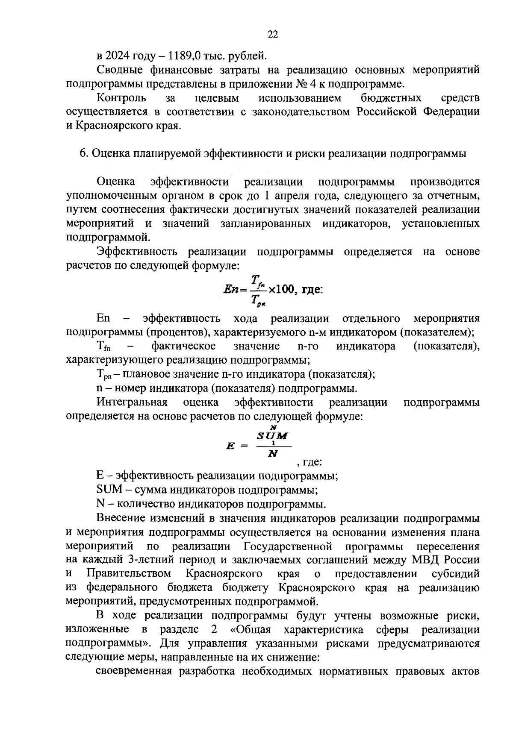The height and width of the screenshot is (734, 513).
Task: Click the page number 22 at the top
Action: [273, 35]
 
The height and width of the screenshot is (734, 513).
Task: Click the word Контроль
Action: [121, 98]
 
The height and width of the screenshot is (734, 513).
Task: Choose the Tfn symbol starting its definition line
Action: [104, 346]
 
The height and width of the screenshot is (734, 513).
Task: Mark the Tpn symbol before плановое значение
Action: [104, 375]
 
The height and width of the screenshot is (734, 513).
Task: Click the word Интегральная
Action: [132, 402]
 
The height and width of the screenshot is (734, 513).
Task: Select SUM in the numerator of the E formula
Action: [272, 436]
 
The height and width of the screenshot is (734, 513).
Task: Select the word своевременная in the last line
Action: [133, 671]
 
